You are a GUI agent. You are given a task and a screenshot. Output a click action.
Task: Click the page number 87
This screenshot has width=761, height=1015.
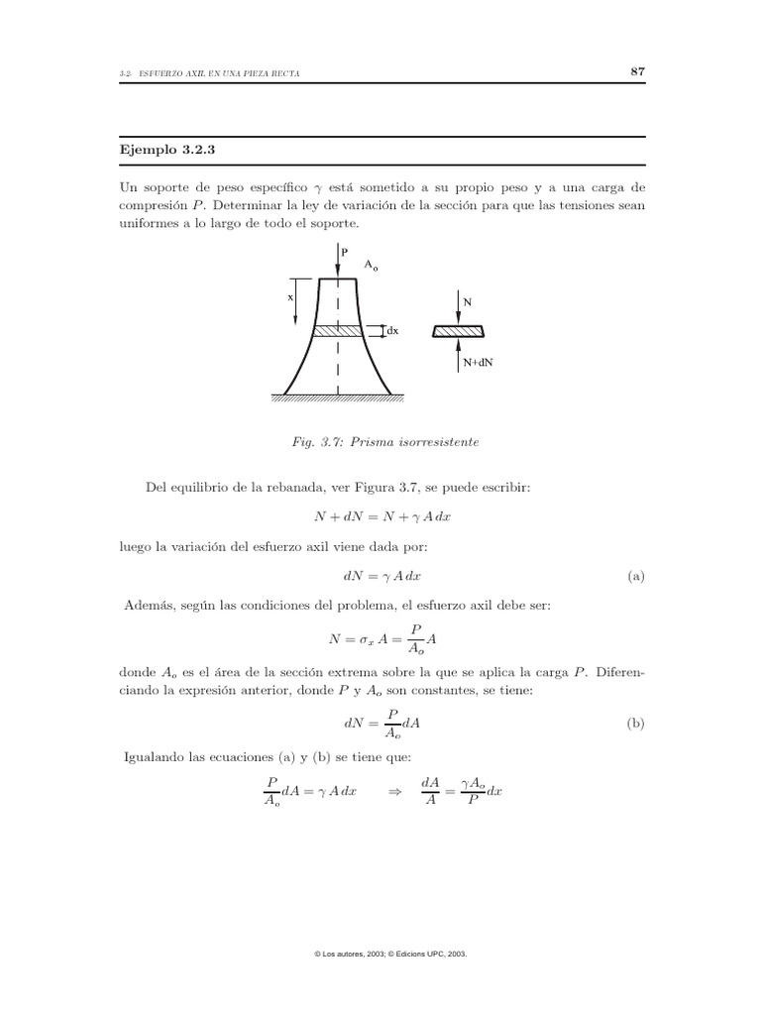(638, 72)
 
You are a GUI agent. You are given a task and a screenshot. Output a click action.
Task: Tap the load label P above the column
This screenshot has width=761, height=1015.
(345, 254)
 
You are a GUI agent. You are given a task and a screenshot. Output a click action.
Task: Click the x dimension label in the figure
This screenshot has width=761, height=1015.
(290, 296)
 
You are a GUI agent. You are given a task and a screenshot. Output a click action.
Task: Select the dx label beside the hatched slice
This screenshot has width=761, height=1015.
(391, 331)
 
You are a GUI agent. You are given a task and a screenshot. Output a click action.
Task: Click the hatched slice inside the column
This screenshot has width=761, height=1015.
(339, 331)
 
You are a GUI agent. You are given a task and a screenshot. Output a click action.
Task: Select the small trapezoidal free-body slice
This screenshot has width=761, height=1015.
(459, 331)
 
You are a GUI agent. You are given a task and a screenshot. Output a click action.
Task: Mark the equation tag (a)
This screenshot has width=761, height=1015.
(636, 576)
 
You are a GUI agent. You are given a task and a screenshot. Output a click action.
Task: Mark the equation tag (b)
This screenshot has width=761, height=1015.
(636, 724)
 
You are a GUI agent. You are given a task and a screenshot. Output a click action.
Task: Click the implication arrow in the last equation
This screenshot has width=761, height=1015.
(392, 791)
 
